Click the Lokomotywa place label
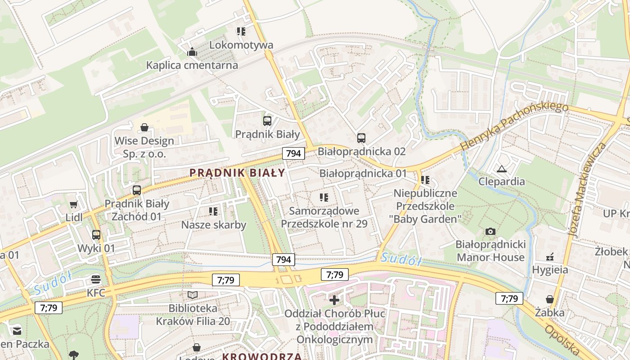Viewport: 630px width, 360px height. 241,45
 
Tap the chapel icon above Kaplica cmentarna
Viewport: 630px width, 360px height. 192,52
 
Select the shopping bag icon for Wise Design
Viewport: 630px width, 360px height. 144,127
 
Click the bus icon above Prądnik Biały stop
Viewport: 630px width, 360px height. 267,121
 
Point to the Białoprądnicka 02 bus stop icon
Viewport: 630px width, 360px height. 361,138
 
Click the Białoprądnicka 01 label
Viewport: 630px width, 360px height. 363,173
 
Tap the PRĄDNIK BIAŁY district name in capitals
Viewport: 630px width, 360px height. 237,173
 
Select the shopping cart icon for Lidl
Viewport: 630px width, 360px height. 74,204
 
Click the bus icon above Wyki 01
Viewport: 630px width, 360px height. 96,234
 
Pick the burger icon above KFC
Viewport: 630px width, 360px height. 96,279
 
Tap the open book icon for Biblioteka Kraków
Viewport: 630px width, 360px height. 193,295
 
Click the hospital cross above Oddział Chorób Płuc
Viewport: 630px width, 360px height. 334,300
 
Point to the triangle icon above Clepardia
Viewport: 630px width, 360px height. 501,169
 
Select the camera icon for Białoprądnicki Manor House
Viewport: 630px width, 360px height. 490,231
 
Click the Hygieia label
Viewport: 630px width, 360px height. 550,270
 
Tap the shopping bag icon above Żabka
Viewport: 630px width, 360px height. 550,299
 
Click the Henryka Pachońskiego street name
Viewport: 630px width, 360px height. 514,126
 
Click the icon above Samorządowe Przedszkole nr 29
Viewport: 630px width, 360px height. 324,197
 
